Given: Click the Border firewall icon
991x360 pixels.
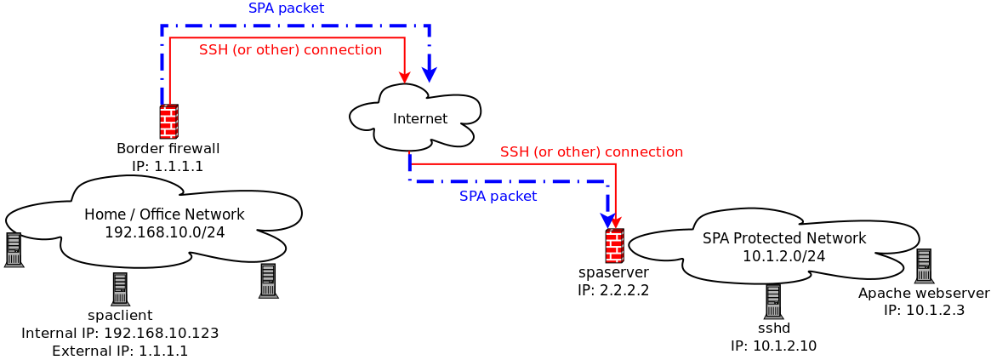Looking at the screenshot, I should pos(168,122).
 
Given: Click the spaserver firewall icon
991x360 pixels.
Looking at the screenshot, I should pos(614,246).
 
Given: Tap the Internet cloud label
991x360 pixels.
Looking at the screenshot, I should pos(419,118).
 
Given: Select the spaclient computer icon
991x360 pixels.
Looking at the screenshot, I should pos(120,289).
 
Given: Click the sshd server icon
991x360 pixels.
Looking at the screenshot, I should pos(772,302).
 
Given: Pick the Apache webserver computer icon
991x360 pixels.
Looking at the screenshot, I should pos(924,266).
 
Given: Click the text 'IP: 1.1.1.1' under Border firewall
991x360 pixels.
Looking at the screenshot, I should pos(168,166).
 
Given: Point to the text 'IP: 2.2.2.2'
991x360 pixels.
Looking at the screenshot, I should pos(613,290).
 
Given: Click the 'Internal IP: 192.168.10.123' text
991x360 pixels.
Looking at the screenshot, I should pos(120,333).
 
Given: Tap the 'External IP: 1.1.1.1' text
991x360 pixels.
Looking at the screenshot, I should pos(120,351).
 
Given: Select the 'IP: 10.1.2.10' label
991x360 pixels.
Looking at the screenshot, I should pos(773,346).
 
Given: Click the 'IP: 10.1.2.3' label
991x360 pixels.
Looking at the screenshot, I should pos(924,311).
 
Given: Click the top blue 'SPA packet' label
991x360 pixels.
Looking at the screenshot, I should pos(286,9).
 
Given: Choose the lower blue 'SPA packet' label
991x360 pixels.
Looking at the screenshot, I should pos(498,197).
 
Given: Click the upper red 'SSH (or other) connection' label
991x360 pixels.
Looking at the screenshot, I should pos(290,50).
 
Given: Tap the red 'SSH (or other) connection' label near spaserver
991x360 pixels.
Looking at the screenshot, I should pos(591,152).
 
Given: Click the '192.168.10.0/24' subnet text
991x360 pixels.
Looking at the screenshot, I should pos(164,231).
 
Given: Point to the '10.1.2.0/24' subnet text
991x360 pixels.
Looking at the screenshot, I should pos(783,255).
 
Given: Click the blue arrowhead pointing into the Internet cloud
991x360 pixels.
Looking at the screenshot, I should pos(430,74).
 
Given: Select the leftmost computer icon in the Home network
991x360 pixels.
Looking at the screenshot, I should pos(14,250).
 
